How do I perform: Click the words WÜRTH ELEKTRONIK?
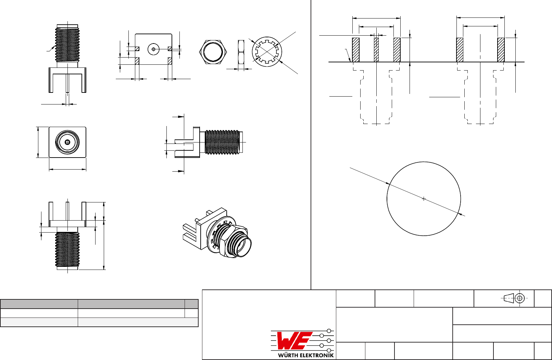306,355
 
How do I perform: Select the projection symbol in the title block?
515,298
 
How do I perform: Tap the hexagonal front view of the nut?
213,52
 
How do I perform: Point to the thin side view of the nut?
241,52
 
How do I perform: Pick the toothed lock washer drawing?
267,52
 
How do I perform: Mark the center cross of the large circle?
424,199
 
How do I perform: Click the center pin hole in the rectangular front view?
67,142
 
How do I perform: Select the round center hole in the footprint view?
153,49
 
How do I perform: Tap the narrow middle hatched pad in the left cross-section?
376,50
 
